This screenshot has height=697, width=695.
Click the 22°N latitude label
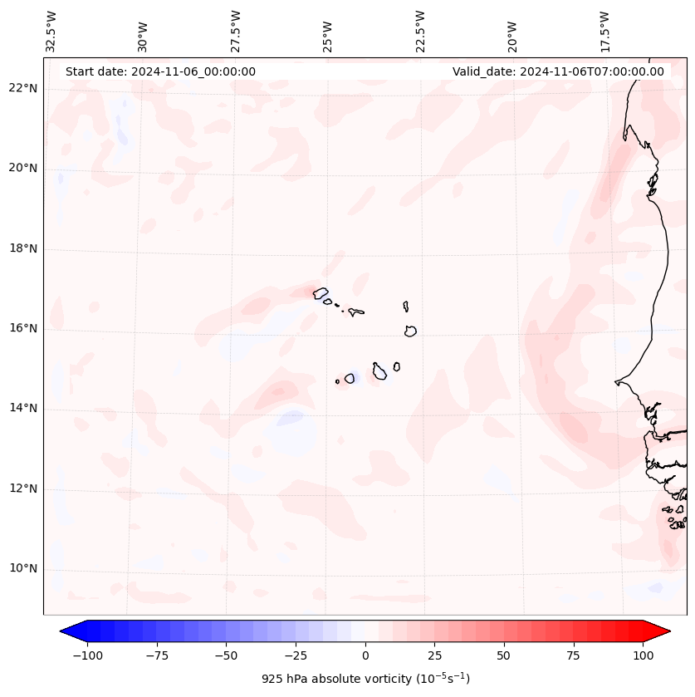[23, 88]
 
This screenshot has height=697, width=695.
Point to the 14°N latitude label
[23, 408]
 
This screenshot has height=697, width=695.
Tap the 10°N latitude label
[23, 568]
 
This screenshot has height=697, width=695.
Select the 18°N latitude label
[23, 248]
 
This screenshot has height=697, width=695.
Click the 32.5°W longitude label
[51, 31]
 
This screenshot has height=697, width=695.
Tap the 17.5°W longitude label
[604, 31]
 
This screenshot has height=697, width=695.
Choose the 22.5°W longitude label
[420, 31]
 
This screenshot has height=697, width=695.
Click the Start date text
[160, 71]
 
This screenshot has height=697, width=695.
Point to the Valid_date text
[558, 71]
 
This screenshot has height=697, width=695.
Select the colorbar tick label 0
[365, 655]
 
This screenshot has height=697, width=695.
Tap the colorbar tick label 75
[574, 655]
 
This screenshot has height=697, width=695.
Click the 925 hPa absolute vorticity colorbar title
[365, 679]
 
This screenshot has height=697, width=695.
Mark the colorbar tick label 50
[504, 655]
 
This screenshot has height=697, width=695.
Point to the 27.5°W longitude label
[236, 31]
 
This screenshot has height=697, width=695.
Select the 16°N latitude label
[23, 328]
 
